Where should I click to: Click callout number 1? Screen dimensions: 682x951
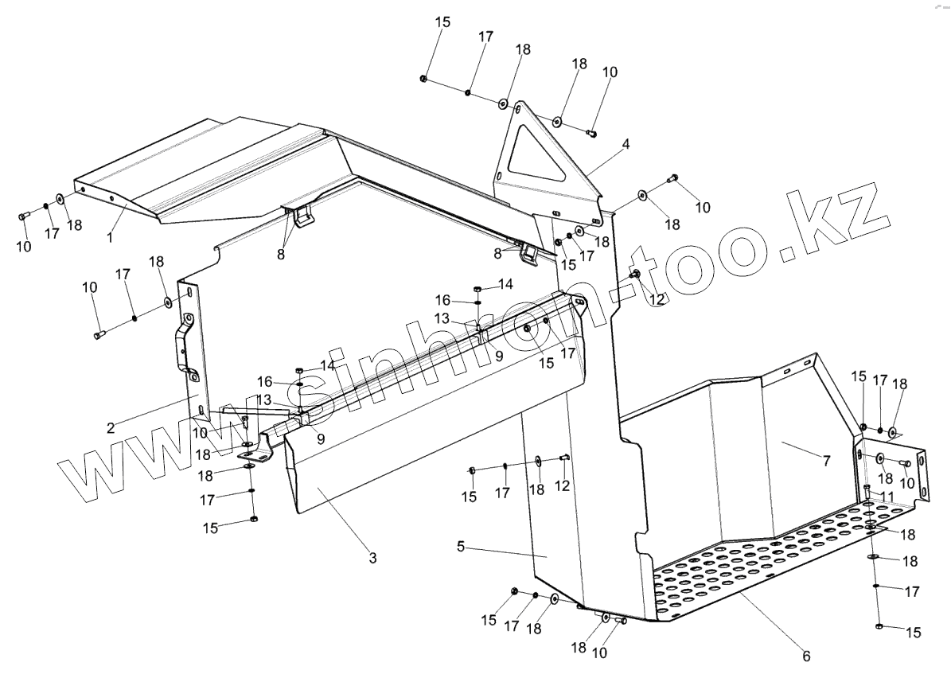coord(111,236)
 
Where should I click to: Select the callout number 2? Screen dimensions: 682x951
coord(111,427)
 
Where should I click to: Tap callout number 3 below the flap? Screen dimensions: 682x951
coord(372,557)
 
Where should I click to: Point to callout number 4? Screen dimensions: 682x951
coord(626,144)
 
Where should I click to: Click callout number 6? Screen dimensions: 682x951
coord(805,656)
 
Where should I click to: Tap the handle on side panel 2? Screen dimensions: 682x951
coord(182,346)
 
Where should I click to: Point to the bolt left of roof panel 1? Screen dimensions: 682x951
coord(22,215)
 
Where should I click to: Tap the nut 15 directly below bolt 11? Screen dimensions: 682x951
coord(877,627)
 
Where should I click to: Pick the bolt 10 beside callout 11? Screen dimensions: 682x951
coord(905,462)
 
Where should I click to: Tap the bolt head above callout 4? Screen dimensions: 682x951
coord(591,134)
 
